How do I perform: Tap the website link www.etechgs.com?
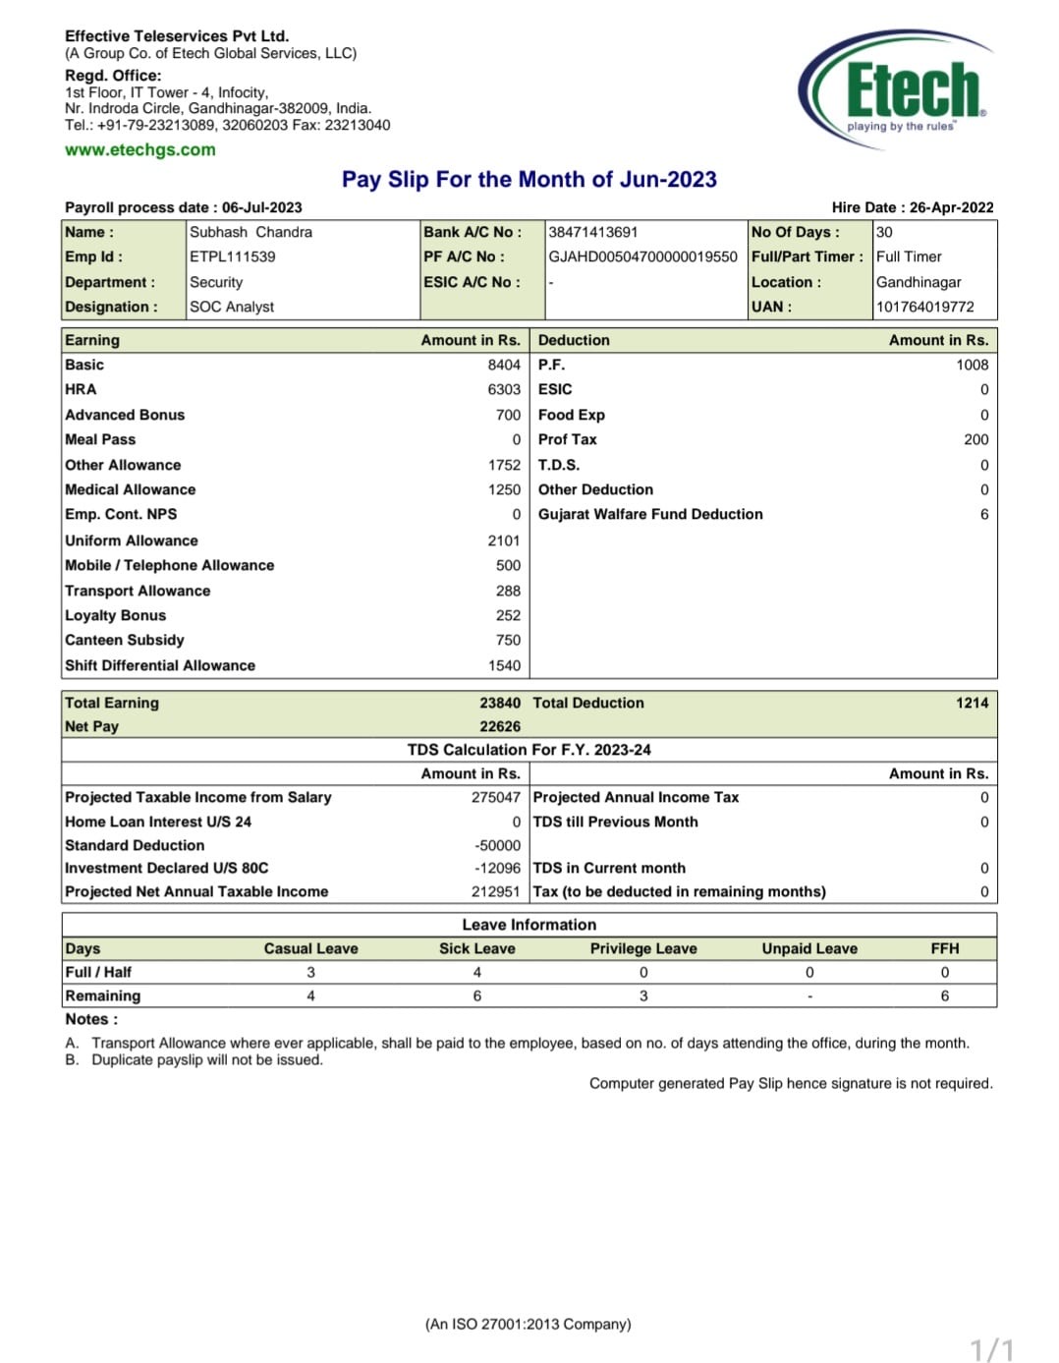(x=139, y=150)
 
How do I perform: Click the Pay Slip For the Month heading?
(x=529, y=180)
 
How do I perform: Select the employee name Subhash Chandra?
(x=251, y=233)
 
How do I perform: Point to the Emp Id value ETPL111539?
(x=232, y=257)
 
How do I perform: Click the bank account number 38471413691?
(x=592, y=233)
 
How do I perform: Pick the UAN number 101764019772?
(x=924, y=307)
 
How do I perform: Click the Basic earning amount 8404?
(x=504, y=366)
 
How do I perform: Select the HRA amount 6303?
(x=504, y=390)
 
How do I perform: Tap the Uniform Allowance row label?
(x=132, y=540)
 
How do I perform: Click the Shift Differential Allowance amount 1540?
(x=504, y=666)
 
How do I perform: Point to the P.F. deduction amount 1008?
(x=972, y=366)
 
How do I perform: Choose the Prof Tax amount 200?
(x=975, y=440)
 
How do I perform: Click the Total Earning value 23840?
(x=500, y=704)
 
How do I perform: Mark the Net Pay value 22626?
(x=500, y=727)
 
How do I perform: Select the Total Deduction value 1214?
(x=972, y=704)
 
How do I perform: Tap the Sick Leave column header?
(x=476, y=949)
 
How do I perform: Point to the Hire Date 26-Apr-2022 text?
(x=912, y=207)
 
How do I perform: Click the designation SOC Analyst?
(x=232, y=307)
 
